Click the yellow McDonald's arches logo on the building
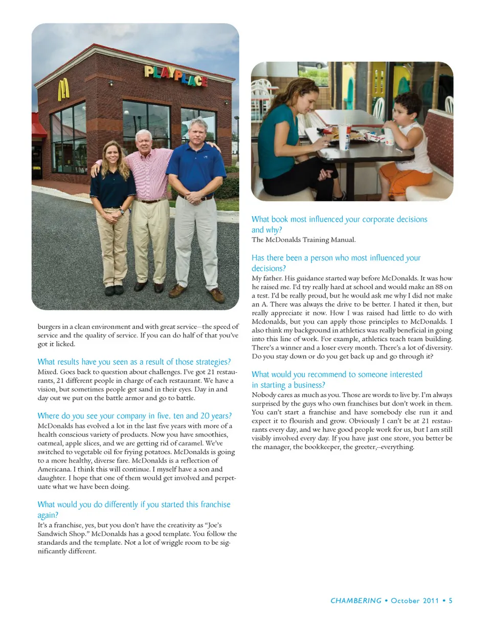(63, 90)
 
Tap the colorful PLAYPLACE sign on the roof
(175, 75)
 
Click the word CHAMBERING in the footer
(356, 601)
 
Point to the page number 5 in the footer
(451, 601)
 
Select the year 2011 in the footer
(430, 601)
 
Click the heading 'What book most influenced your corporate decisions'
(339, 219)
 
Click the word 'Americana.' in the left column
(54, 469)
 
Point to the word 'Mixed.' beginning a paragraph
(48, 372)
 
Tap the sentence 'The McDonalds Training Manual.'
(303, 240)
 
